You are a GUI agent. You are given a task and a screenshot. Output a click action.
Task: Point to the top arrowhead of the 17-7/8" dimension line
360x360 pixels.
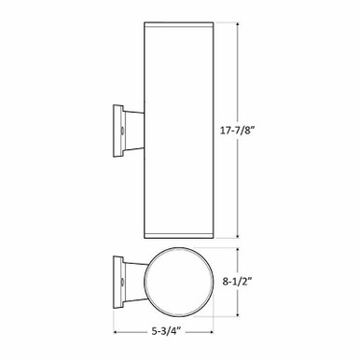pos(242,22)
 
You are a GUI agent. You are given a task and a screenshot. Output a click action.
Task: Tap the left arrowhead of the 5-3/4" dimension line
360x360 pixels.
pos(117,330)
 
